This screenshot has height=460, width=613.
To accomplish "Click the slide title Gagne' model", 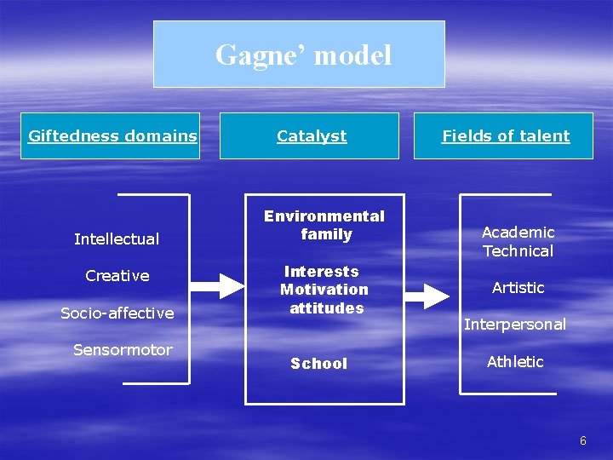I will [x=303, y=55].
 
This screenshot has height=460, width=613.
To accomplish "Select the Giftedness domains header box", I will [x=112, y=136].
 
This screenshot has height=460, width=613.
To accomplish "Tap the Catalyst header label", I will [x=312, y=136].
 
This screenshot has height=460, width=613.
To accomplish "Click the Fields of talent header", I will [x=505, y=136].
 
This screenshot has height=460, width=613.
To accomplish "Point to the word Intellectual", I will [x=117, y=239].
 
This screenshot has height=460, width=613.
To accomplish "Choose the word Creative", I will [x=117, y=276].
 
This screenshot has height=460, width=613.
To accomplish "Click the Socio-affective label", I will [x=117, y=313].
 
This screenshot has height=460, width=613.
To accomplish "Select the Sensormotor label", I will [x=123, y=350].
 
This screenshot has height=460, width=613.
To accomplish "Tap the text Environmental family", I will [x=324, y=225].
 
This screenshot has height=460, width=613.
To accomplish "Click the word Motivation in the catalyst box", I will [x=324, y=290].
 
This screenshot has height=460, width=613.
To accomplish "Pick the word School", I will [x=319, y=364].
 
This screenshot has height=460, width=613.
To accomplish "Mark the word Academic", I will [x=518, y=233].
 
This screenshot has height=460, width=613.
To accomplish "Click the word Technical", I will [x=518, y=251].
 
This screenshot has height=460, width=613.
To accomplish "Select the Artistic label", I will [x=518, y=288].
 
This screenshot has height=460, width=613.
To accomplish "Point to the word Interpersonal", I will [x=514, y=325].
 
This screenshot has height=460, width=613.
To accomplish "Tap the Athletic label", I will [x=515, y=362].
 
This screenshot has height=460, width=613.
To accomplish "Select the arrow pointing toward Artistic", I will [x=427, y=296].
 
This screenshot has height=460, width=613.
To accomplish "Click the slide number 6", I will [x=582, y=440].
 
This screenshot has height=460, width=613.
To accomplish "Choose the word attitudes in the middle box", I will [x=326, y=308].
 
